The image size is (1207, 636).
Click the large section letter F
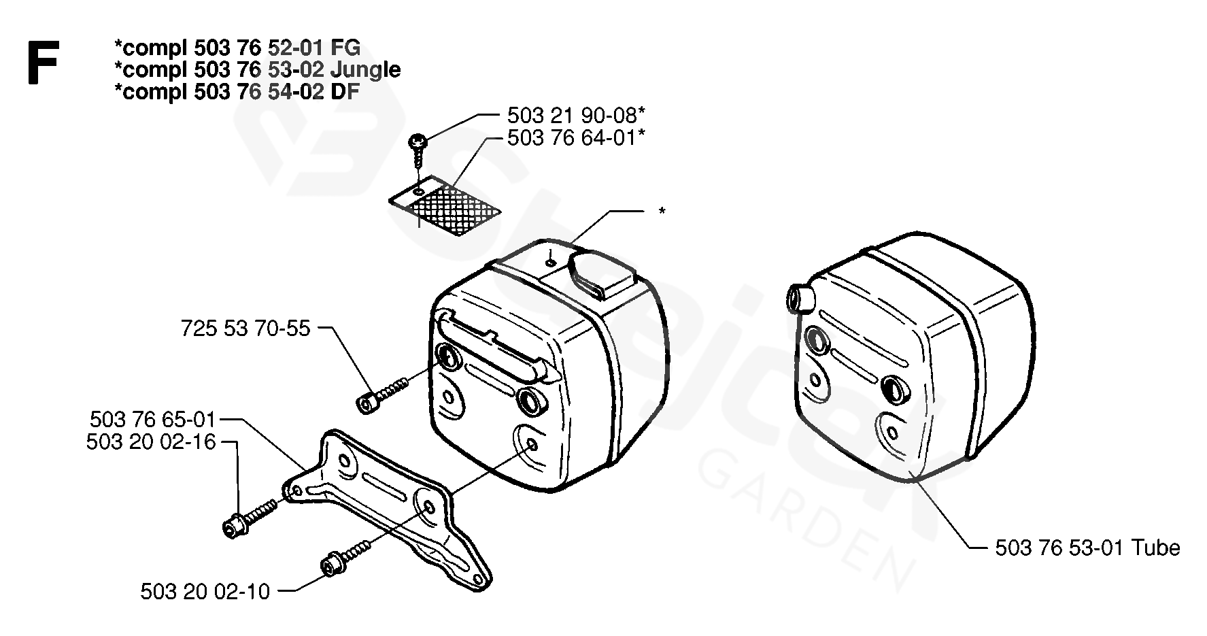click(x=43, y=63)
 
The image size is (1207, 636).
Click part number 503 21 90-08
click(x=575, y=114)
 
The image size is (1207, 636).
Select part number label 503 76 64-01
click(x=575, y=137)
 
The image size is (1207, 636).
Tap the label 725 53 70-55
click(x=245, y=329)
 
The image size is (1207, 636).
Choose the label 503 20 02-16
click(x=151, y=442)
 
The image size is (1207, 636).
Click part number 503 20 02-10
click(x=205, y=591)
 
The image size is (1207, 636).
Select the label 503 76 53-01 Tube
click(x=1087, y=548)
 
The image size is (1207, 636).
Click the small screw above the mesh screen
click(x=417, y=146)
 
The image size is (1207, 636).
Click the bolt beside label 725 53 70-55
click(x=381, y=395)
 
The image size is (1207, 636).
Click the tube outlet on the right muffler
click(x=797, y=297)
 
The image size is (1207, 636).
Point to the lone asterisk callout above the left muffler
click(x=661, y=212)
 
